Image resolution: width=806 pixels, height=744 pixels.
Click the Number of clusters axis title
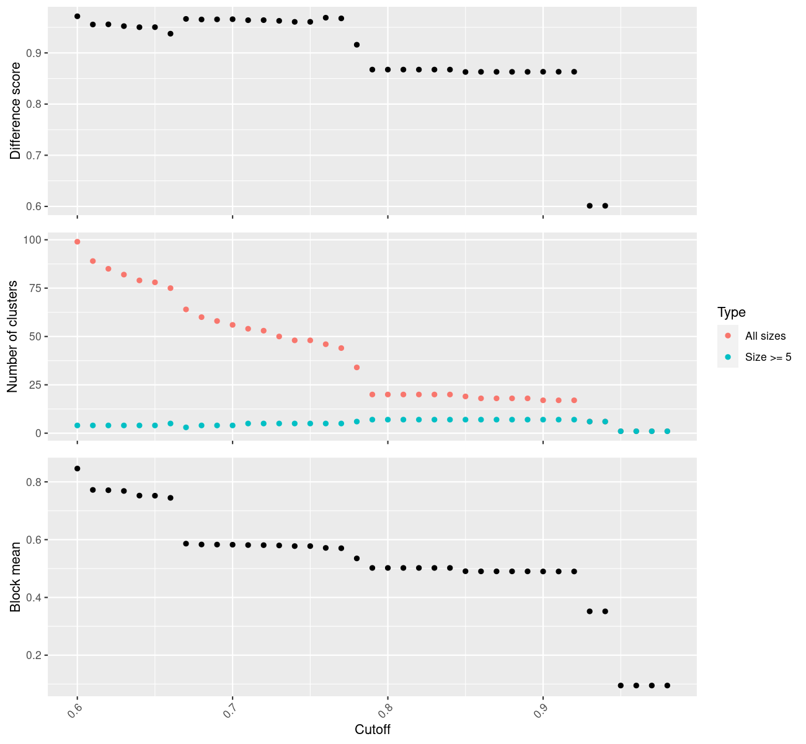pos(12,337)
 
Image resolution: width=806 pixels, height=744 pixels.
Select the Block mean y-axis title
pos(15,577)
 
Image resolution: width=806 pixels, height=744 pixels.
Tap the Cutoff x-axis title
pos(373,729)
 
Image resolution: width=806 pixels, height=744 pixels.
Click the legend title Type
pos(731,312)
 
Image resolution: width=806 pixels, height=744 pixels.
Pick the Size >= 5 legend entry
pos(768,357)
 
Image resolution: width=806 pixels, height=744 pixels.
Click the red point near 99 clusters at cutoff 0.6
pos(77,242)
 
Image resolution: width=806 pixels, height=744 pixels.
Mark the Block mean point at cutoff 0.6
pos(77,468)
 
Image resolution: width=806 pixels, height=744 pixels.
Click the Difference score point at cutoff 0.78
pos(356,45)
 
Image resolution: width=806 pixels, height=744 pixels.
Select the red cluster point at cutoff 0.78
pos(356,368)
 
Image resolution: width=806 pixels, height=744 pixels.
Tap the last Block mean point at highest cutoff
pos(667,685)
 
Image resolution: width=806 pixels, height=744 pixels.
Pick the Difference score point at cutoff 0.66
pos(170,33)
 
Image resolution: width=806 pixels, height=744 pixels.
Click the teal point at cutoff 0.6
pos(77,425)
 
